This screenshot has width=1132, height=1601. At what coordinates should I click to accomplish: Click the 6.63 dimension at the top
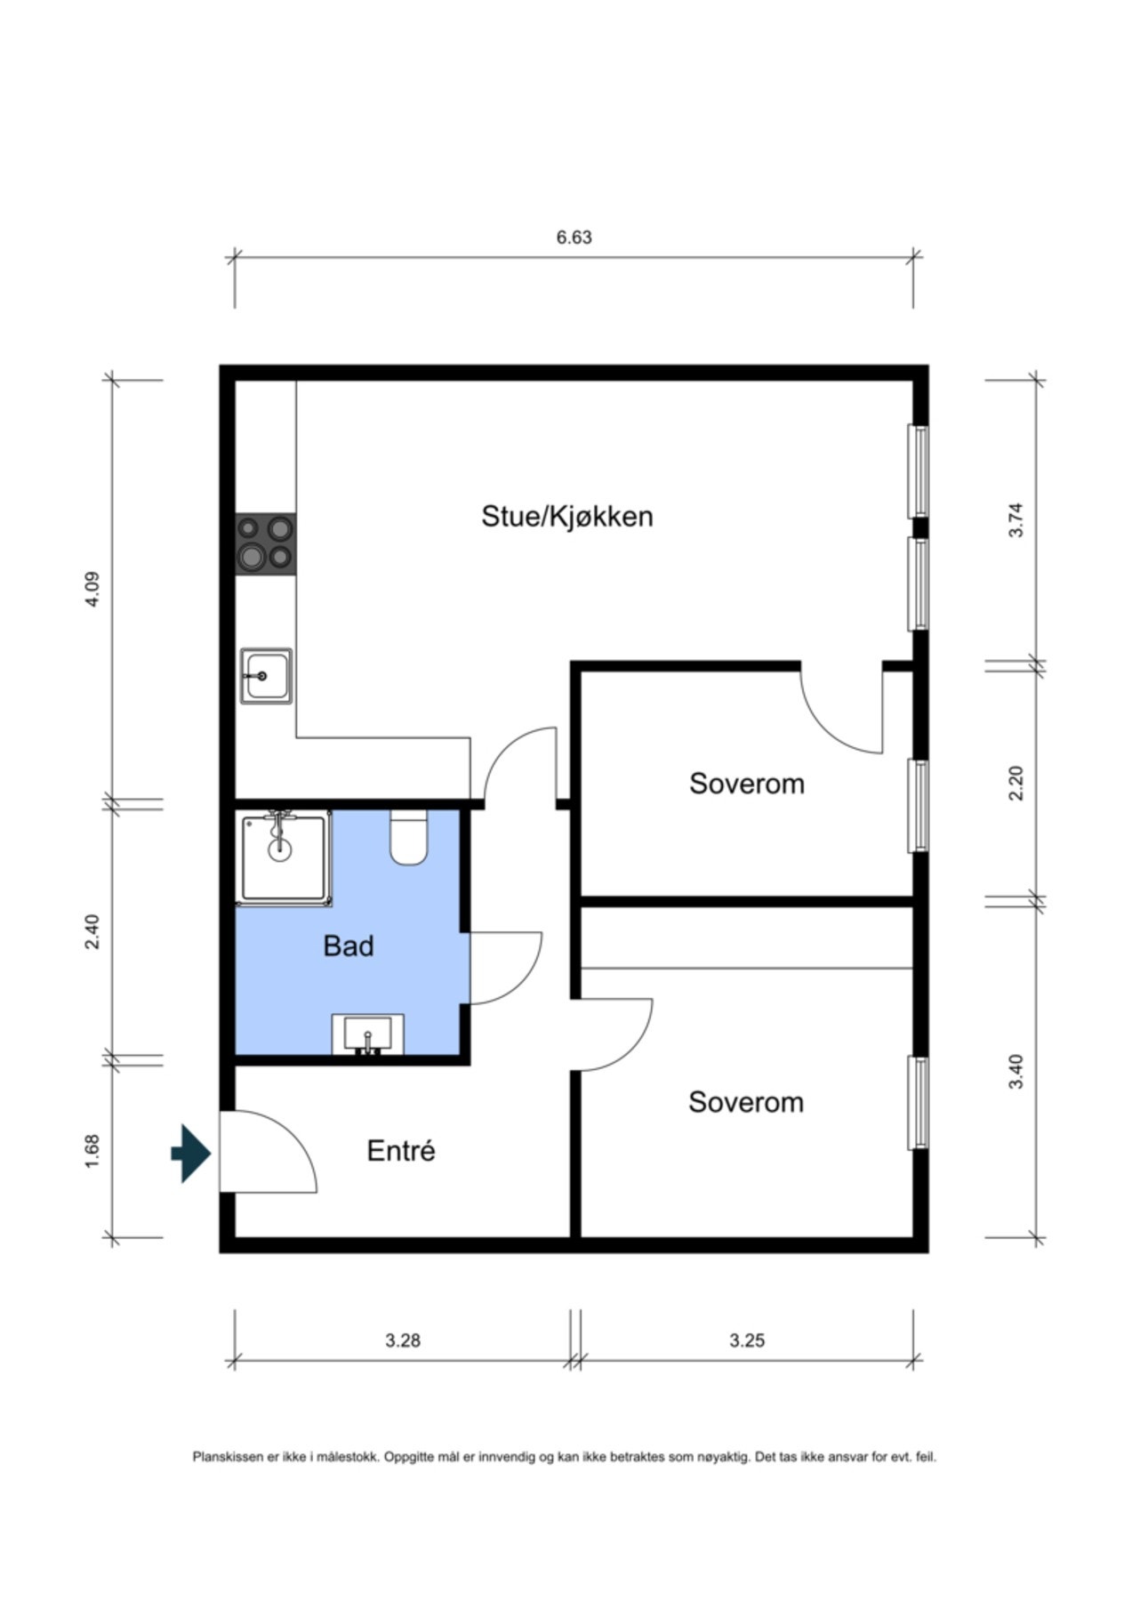coord(574,237)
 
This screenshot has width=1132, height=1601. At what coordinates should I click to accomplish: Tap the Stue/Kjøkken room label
coord(567,516)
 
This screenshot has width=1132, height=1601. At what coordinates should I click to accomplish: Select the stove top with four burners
coord(266,543)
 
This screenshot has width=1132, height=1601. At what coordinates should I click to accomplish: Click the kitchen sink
coord(266,676)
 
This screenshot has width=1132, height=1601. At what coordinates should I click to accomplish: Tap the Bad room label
coord(348,945)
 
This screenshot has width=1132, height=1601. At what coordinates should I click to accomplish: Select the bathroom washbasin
coord(367,1034)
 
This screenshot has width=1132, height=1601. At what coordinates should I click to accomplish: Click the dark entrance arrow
coord(191,1154)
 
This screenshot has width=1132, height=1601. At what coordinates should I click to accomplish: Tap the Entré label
coord(401,1151)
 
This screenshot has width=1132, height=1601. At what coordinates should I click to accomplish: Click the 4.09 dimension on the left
coord(92,589)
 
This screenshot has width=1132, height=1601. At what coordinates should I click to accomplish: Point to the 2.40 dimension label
coord(92,931)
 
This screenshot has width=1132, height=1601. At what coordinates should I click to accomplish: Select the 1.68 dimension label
coord(92,1150)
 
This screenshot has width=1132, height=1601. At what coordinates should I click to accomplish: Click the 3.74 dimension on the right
coord(1016,520)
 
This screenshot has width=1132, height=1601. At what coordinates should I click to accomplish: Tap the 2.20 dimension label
coord(1016,784)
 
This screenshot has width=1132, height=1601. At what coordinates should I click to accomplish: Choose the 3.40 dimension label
coord(1016,1071)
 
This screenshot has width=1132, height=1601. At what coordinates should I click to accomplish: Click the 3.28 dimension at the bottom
coord(403,1340)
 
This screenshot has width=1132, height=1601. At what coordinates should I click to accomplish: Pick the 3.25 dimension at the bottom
coord(747,1340)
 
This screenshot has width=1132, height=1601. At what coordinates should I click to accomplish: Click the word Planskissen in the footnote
coord(229,1457)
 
